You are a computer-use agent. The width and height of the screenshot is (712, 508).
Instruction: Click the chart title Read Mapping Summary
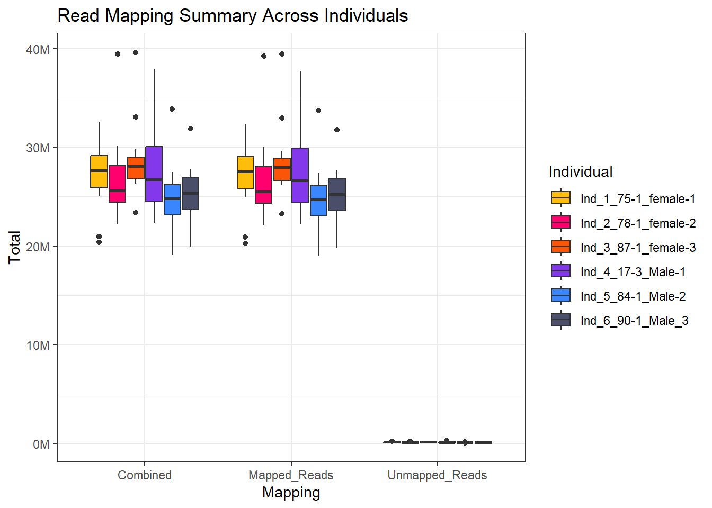[233, 16]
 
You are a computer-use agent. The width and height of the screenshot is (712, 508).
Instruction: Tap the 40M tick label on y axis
[38, 50]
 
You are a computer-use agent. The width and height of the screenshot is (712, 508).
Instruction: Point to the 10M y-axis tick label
[38, 346]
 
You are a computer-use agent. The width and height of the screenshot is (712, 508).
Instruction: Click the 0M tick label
[41, 444]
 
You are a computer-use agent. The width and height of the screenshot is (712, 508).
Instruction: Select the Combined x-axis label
[145, 475]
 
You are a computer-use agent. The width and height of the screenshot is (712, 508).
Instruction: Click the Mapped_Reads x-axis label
[291, 475]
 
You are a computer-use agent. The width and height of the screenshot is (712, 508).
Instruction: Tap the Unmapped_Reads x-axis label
[437, 475]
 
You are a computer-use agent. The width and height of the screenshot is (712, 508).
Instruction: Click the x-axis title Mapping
[291, 493]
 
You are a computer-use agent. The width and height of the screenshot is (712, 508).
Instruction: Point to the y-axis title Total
[14, 247]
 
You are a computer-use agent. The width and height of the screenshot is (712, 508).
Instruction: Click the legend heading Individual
[581, 171]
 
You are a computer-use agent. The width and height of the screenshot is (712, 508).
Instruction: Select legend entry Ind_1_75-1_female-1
[638, 199]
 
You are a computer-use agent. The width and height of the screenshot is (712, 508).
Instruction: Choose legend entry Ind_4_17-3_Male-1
[633, 272]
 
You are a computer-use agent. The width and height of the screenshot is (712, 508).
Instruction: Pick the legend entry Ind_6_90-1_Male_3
[634, 321]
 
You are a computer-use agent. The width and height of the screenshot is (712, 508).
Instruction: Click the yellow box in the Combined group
[99, 171]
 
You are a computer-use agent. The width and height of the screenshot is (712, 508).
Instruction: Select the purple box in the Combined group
[154, 174]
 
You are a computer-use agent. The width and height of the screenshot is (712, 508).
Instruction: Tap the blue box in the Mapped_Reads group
[318, 201]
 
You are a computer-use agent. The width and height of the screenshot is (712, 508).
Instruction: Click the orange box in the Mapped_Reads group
[282, 169]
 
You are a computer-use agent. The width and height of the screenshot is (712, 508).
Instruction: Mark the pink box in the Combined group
[117, 184]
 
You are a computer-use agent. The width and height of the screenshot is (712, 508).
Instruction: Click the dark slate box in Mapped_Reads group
[337, 194]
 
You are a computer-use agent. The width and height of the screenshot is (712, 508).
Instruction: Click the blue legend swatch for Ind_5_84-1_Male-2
[560, 296]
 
